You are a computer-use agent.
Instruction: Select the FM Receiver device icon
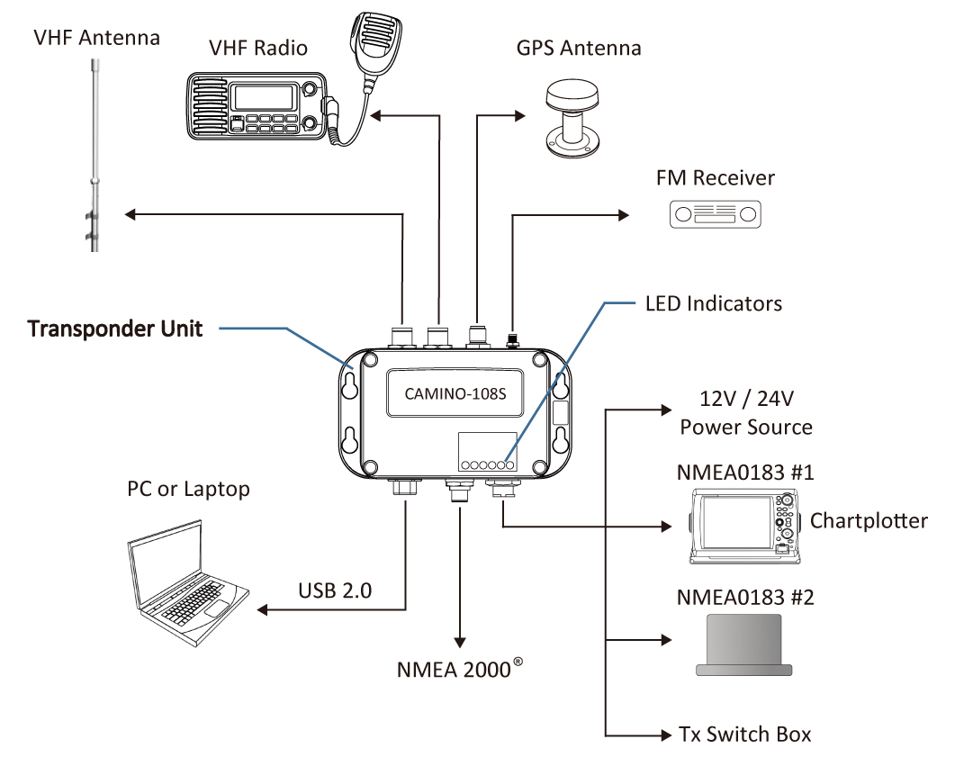[716, 213]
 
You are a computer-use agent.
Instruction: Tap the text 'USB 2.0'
[335, 591]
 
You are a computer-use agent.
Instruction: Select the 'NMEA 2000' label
[455, 671]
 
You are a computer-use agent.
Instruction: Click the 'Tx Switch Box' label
[744, 734]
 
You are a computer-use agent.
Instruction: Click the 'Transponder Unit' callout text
[115, 329]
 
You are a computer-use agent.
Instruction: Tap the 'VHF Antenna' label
[96, 38]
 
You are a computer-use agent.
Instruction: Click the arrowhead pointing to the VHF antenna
[130, 213]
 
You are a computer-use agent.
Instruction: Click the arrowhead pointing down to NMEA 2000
[460, 642]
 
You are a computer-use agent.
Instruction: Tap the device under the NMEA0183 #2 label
[744, 644]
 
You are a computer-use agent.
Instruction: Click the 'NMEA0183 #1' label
[744, 473]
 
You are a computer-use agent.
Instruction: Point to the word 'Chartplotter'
[868, 520]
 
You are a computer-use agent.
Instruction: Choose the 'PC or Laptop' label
[188, 489]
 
